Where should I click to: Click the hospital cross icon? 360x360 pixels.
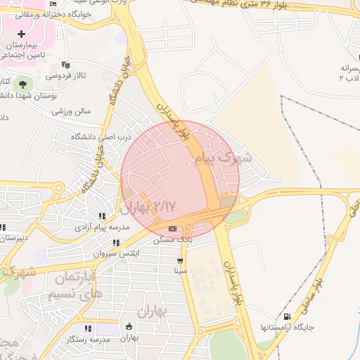point(22,34)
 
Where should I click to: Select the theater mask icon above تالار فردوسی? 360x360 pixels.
point(65,64)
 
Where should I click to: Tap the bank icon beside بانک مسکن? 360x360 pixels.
point(173,229)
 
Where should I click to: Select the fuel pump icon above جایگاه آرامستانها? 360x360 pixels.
point(287,316)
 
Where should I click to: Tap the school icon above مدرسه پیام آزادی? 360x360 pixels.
point(102,217)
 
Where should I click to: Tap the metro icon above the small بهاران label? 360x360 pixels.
point(129,326)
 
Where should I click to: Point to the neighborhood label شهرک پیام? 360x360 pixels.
point(229,157)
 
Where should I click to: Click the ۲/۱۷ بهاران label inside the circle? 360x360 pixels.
point(148,207)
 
